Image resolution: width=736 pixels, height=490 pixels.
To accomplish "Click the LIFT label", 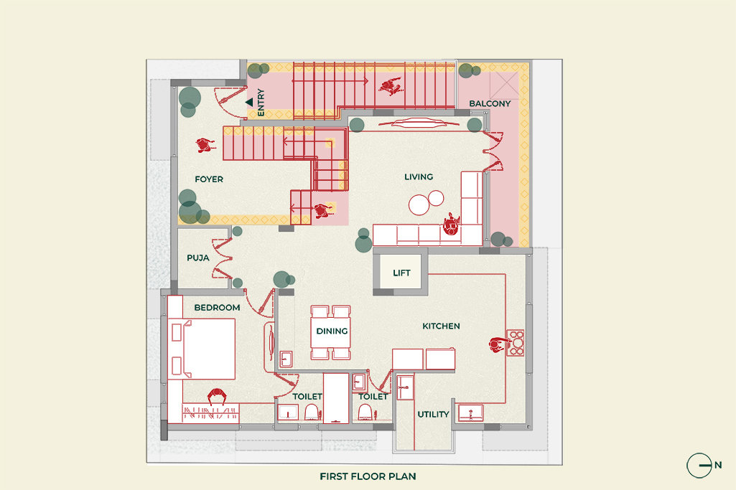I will coord(401,273).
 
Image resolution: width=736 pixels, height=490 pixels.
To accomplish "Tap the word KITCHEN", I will coord(441,326).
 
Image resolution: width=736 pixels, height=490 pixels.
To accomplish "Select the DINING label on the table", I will coord(332,331).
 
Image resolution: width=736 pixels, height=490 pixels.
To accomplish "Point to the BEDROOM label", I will coord(217,308).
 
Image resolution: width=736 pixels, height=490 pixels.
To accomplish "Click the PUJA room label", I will coord(197,257).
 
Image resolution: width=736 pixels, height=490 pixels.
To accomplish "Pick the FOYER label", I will coord(209,179).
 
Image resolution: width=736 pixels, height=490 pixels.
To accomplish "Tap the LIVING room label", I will coord(419,177).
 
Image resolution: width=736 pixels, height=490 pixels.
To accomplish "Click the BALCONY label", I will coord(490,104).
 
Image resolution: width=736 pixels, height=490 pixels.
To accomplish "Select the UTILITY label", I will coord(433,415).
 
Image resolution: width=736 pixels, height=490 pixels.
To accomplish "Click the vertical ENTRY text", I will coord(261,102).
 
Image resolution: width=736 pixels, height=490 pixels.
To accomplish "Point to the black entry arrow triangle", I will coord(249,103).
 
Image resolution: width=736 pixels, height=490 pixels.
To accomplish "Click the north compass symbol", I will coord(699,466).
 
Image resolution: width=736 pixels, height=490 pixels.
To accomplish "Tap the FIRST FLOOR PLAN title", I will coord(368,476).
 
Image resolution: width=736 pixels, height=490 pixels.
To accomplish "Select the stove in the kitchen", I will coord(516,343).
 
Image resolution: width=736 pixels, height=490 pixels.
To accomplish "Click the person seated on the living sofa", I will coord(451,225).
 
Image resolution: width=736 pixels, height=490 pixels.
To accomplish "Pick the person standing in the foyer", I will coord(205,146).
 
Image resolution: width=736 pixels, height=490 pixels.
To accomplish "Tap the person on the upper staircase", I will coord(390,87).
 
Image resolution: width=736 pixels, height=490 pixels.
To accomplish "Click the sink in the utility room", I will coord(470,413).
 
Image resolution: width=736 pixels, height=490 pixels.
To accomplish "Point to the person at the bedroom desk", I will coord(217,397).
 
